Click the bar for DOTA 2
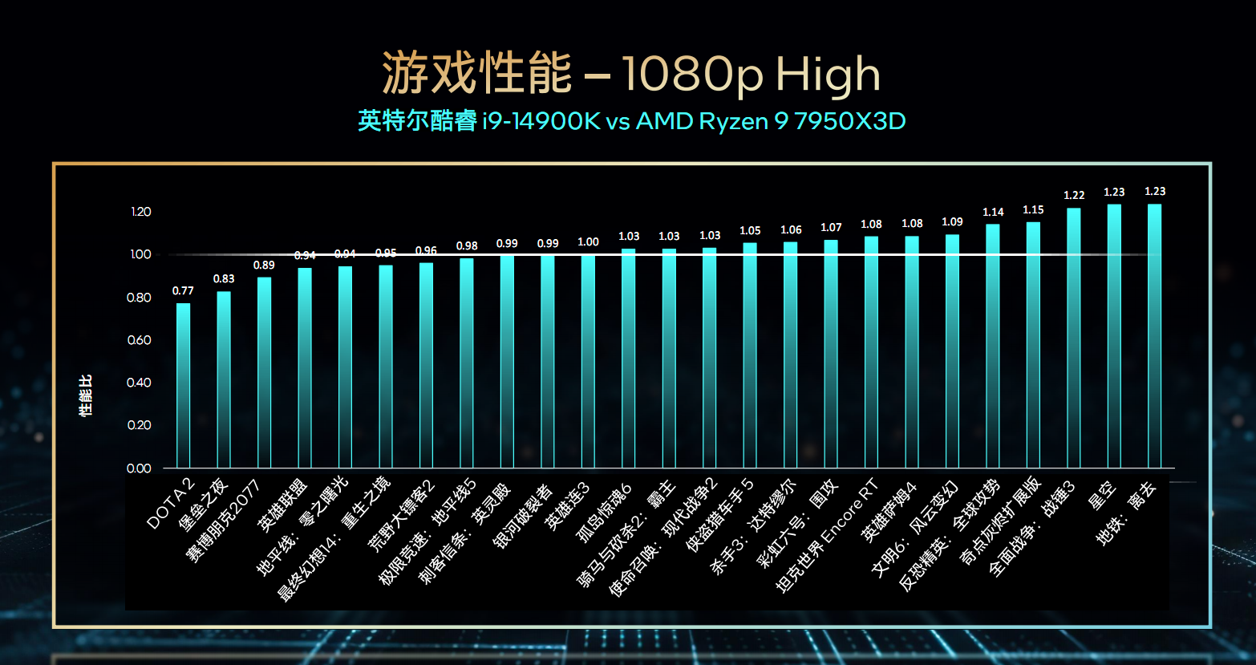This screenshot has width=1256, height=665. click(183, 385)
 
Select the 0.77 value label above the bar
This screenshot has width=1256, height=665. click(183, 291)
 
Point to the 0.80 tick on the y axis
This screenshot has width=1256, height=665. click(140, 298)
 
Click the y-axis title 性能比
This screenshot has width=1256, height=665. click(85, 395)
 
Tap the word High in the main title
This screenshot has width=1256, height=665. click(828, 75)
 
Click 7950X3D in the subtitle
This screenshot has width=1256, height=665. click(850, 121)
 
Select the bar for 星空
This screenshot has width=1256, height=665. click(1114, 337)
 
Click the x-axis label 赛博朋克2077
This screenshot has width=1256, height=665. click(225, 520)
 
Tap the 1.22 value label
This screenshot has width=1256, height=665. click(1074, 196)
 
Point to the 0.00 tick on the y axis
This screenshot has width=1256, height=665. click(140, 468)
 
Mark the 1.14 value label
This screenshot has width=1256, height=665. click(993, 213)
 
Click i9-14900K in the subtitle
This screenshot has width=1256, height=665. click(541, 121)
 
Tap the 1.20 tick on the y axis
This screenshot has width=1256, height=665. click(140, 212)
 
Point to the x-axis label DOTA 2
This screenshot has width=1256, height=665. click(172, 504)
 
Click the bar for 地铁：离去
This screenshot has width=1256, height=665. click(1155, 337)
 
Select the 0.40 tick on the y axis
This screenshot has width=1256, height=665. click(140, 383)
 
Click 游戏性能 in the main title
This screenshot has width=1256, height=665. click(476, 75)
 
